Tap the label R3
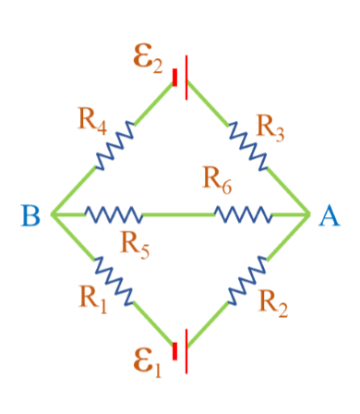270,128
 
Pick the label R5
136,246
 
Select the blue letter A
330,216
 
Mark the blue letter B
30,216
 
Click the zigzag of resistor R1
115,279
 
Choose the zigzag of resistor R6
242,215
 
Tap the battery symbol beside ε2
181,78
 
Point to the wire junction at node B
52,215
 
